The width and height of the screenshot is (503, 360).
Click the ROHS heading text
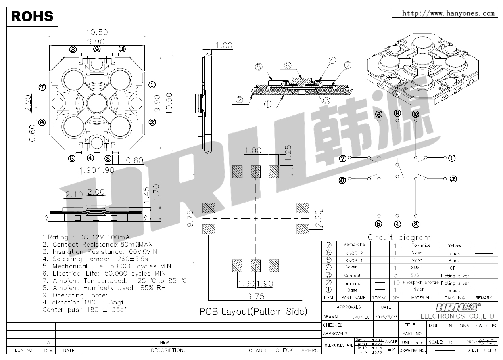click(32, 16)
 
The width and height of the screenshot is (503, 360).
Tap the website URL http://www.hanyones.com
click(448, 13)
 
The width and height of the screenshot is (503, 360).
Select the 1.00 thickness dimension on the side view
click(224, 46)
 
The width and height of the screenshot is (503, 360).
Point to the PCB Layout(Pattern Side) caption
click(253, 312)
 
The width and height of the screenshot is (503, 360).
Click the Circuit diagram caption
click(399, 237)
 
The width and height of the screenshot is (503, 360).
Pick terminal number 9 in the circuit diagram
click(398, 114)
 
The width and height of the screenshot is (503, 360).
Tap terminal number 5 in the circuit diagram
click(379, 224)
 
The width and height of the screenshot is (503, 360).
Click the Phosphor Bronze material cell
click(420, 283)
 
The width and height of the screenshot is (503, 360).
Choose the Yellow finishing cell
click(454, 246)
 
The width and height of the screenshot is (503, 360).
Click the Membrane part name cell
click(353, 245)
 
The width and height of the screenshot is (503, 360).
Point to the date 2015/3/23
click(386, 317)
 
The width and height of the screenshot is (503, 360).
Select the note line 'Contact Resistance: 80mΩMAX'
click(97, 245)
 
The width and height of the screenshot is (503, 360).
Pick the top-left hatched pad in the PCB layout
click(237, 171)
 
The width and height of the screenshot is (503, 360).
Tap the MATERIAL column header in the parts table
click(420, 298)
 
